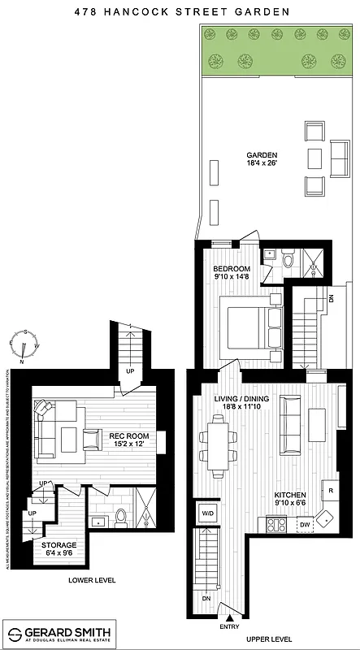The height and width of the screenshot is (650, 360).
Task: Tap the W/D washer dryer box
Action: (207, 512)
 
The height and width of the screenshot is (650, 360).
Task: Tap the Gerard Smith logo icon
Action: (15, 632)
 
